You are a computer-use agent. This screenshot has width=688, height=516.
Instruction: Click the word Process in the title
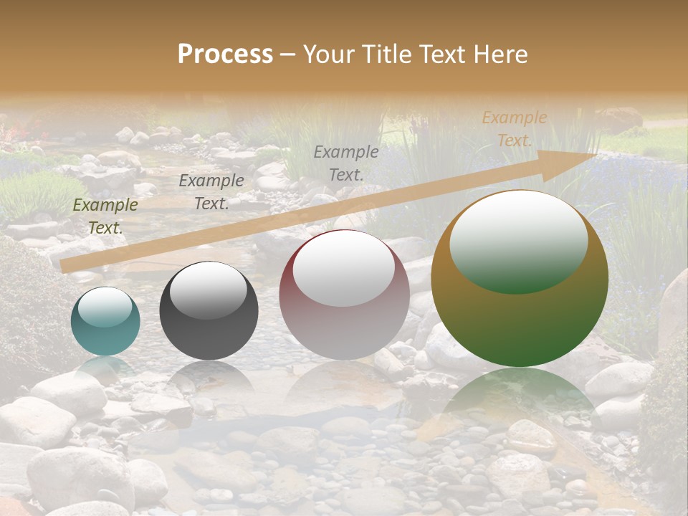[x=225, y=54]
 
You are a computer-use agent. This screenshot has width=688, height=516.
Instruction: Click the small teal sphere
[x=105, y=322]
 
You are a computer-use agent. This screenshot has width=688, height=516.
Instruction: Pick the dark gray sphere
[x=209, y=311]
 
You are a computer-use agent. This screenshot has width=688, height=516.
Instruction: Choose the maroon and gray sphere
[x=344, y=295]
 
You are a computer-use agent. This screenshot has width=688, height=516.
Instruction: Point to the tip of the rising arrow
[x=596, y=154]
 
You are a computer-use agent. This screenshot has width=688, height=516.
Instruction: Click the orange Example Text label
[x=514, y=129]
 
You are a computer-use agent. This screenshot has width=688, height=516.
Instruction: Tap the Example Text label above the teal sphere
[x=105, y=216]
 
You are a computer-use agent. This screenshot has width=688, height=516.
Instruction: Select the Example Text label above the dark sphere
[x=211, y=192]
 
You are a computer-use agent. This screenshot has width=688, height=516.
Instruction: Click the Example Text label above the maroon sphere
[x=346, y=163]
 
